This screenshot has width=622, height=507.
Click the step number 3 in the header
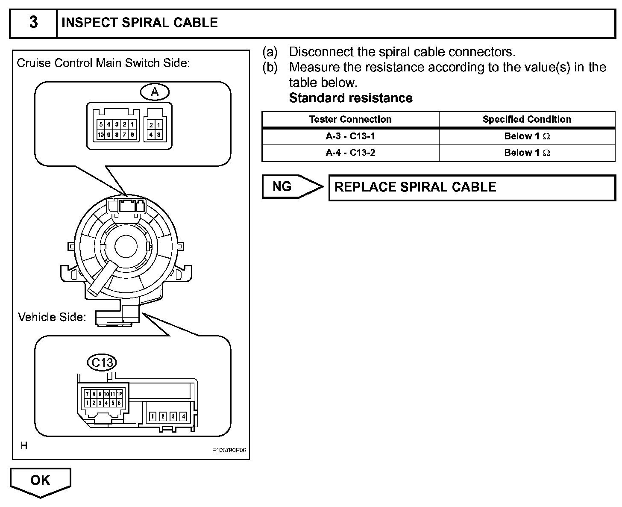[x=33, y=23]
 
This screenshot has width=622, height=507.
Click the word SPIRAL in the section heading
[x=140, y=23]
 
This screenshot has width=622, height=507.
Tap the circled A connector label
[x=155, y=91]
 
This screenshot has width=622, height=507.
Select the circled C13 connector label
[x=102, y=363]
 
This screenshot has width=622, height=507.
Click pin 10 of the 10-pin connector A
[x=101, y=135]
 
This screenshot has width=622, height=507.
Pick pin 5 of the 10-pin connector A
[x=101, y=124]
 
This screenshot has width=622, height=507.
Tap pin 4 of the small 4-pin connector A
[x=151, y=135]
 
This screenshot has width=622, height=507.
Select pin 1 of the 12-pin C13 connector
[x=88, y=403]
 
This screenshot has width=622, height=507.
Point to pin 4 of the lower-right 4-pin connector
[x=183, y=416]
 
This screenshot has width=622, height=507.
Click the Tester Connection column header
[x=350, y=119]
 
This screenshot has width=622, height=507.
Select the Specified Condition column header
[x=527, y=119]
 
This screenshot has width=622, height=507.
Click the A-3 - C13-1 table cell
[x=350, y=136]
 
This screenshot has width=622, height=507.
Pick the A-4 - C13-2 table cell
[x=350, y=153]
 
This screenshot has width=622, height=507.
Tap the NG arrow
[x=290, y=186]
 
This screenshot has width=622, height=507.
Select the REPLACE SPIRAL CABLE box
[x=472, y=187]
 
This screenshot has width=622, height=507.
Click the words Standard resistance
[x=351, y=98]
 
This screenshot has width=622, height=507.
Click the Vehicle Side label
[x=52, y=317]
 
